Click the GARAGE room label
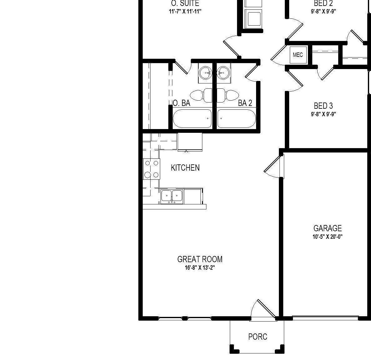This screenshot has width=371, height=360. point(327,228)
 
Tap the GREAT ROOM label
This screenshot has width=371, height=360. point(200,259)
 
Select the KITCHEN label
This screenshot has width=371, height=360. point(185,168)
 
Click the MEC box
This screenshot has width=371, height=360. point(298,55)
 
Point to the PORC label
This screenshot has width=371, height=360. point(258,337)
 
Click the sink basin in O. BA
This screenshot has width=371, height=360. point(206,73)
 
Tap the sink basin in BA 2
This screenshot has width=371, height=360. point(223,73)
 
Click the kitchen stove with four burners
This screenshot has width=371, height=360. point(151,169)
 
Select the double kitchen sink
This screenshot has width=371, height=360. point(172,196)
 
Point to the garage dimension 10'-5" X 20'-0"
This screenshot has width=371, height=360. point(327,237)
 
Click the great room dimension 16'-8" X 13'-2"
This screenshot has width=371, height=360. point(200,268)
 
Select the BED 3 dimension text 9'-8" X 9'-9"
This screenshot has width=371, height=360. point(323,114)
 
